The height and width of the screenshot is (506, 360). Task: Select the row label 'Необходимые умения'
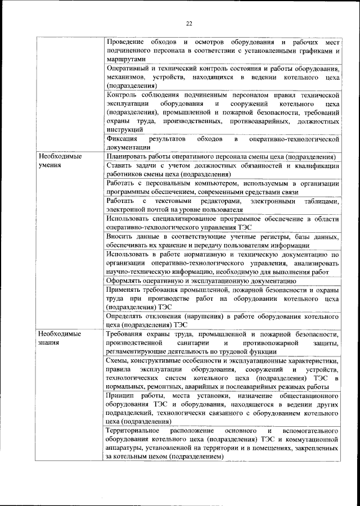[58, 161]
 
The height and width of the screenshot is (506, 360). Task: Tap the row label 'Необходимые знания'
[58, 338]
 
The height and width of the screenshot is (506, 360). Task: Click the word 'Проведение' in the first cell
[125, 43]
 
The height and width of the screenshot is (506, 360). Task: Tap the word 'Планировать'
[128, 156]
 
